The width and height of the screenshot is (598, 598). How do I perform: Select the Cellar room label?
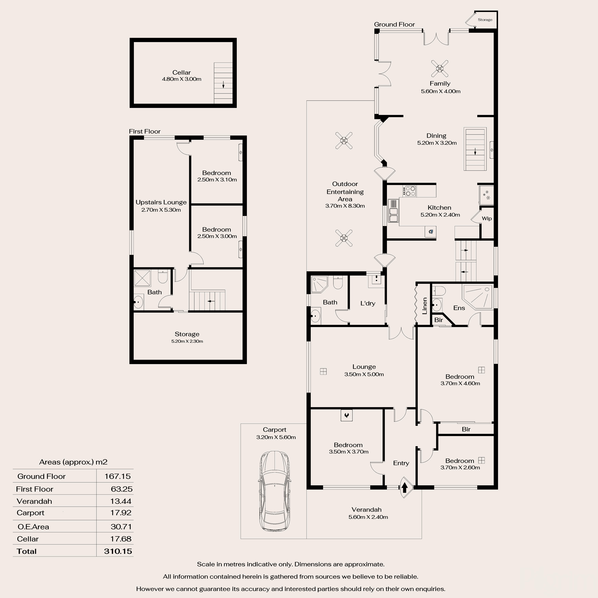point(181,72)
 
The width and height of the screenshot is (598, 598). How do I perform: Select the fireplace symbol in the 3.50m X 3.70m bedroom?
point(346,415)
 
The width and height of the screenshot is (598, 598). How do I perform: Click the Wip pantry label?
point(487,219)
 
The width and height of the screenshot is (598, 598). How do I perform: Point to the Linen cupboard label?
point(425,306)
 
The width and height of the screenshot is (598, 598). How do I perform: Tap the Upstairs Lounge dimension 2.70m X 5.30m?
point(161,210)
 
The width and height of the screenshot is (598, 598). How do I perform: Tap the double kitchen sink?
point(393,215)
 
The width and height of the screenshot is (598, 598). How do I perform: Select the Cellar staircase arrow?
point(223,85)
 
